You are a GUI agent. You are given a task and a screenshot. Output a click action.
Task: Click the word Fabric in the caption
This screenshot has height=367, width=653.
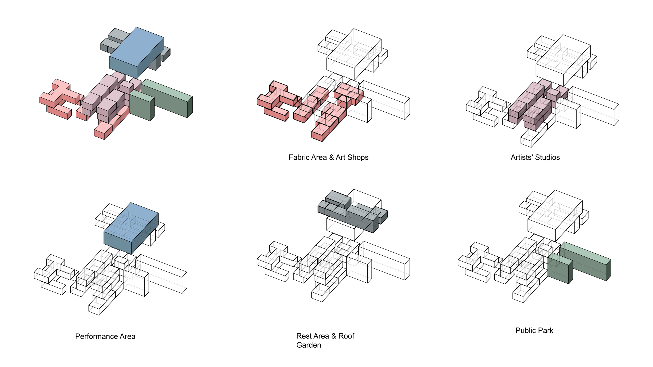(x=298, y=158)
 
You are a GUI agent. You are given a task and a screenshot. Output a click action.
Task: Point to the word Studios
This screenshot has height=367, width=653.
(x=547, y=158)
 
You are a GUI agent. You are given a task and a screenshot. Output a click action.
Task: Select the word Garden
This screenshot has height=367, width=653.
(x=309, y=345)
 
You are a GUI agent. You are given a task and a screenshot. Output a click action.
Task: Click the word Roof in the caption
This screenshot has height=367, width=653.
(x=346, y=336)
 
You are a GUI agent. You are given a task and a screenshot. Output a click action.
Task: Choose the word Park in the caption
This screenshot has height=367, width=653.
(x=546, y=331)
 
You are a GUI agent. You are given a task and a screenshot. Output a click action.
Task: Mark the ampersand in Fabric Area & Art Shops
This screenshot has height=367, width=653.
(x=331, y=158)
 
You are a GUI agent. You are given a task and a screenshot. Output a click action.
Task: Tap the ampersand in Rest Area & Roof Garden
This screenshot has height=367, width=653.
(x=333, y=336)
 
